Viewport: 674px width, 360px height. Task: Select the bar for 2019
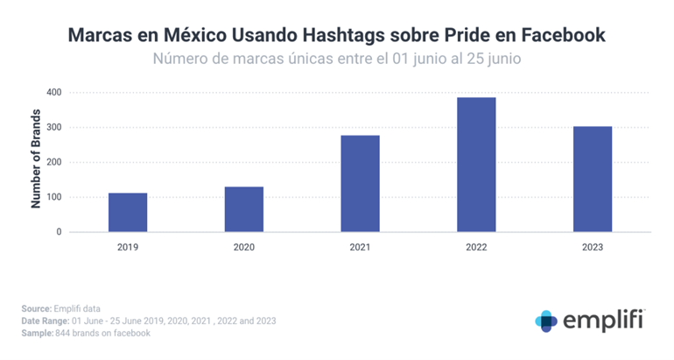[128, 212]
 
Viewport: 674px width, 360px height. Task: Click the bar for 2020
[244, 209]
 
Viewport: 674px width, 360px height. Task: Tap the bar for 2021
[360, 184]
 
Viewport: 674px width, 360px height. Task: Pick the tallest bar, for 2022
[476, 165]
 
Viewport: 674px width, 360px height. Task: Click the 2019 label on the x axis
[128, 248]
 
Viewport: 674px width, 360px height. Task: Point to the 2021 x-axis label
[360, 248]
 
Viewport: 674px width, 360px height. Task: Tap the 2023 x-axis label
[593, 248]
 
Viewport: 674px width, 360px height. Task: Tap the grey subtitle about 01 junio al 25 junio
[338, 60]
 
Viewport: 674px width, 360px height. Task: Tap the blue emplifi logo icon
[546, 321]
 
